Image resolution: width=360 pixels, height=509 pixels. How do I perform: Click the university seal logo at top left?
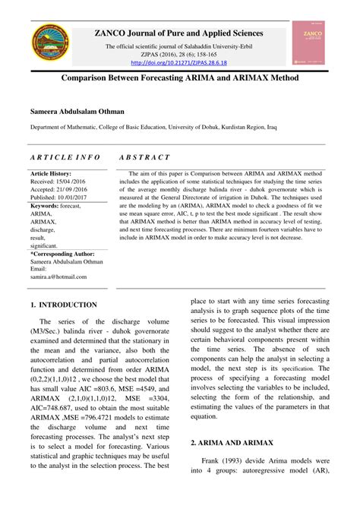tap(52, 45)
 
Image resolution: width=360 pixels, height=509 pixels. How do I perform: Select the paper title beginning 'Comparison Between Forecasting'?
tap(179, 78)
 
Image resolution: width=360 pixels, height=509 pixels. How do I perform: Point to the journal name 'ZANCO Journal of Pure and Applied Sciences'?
tap(178, 33)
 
